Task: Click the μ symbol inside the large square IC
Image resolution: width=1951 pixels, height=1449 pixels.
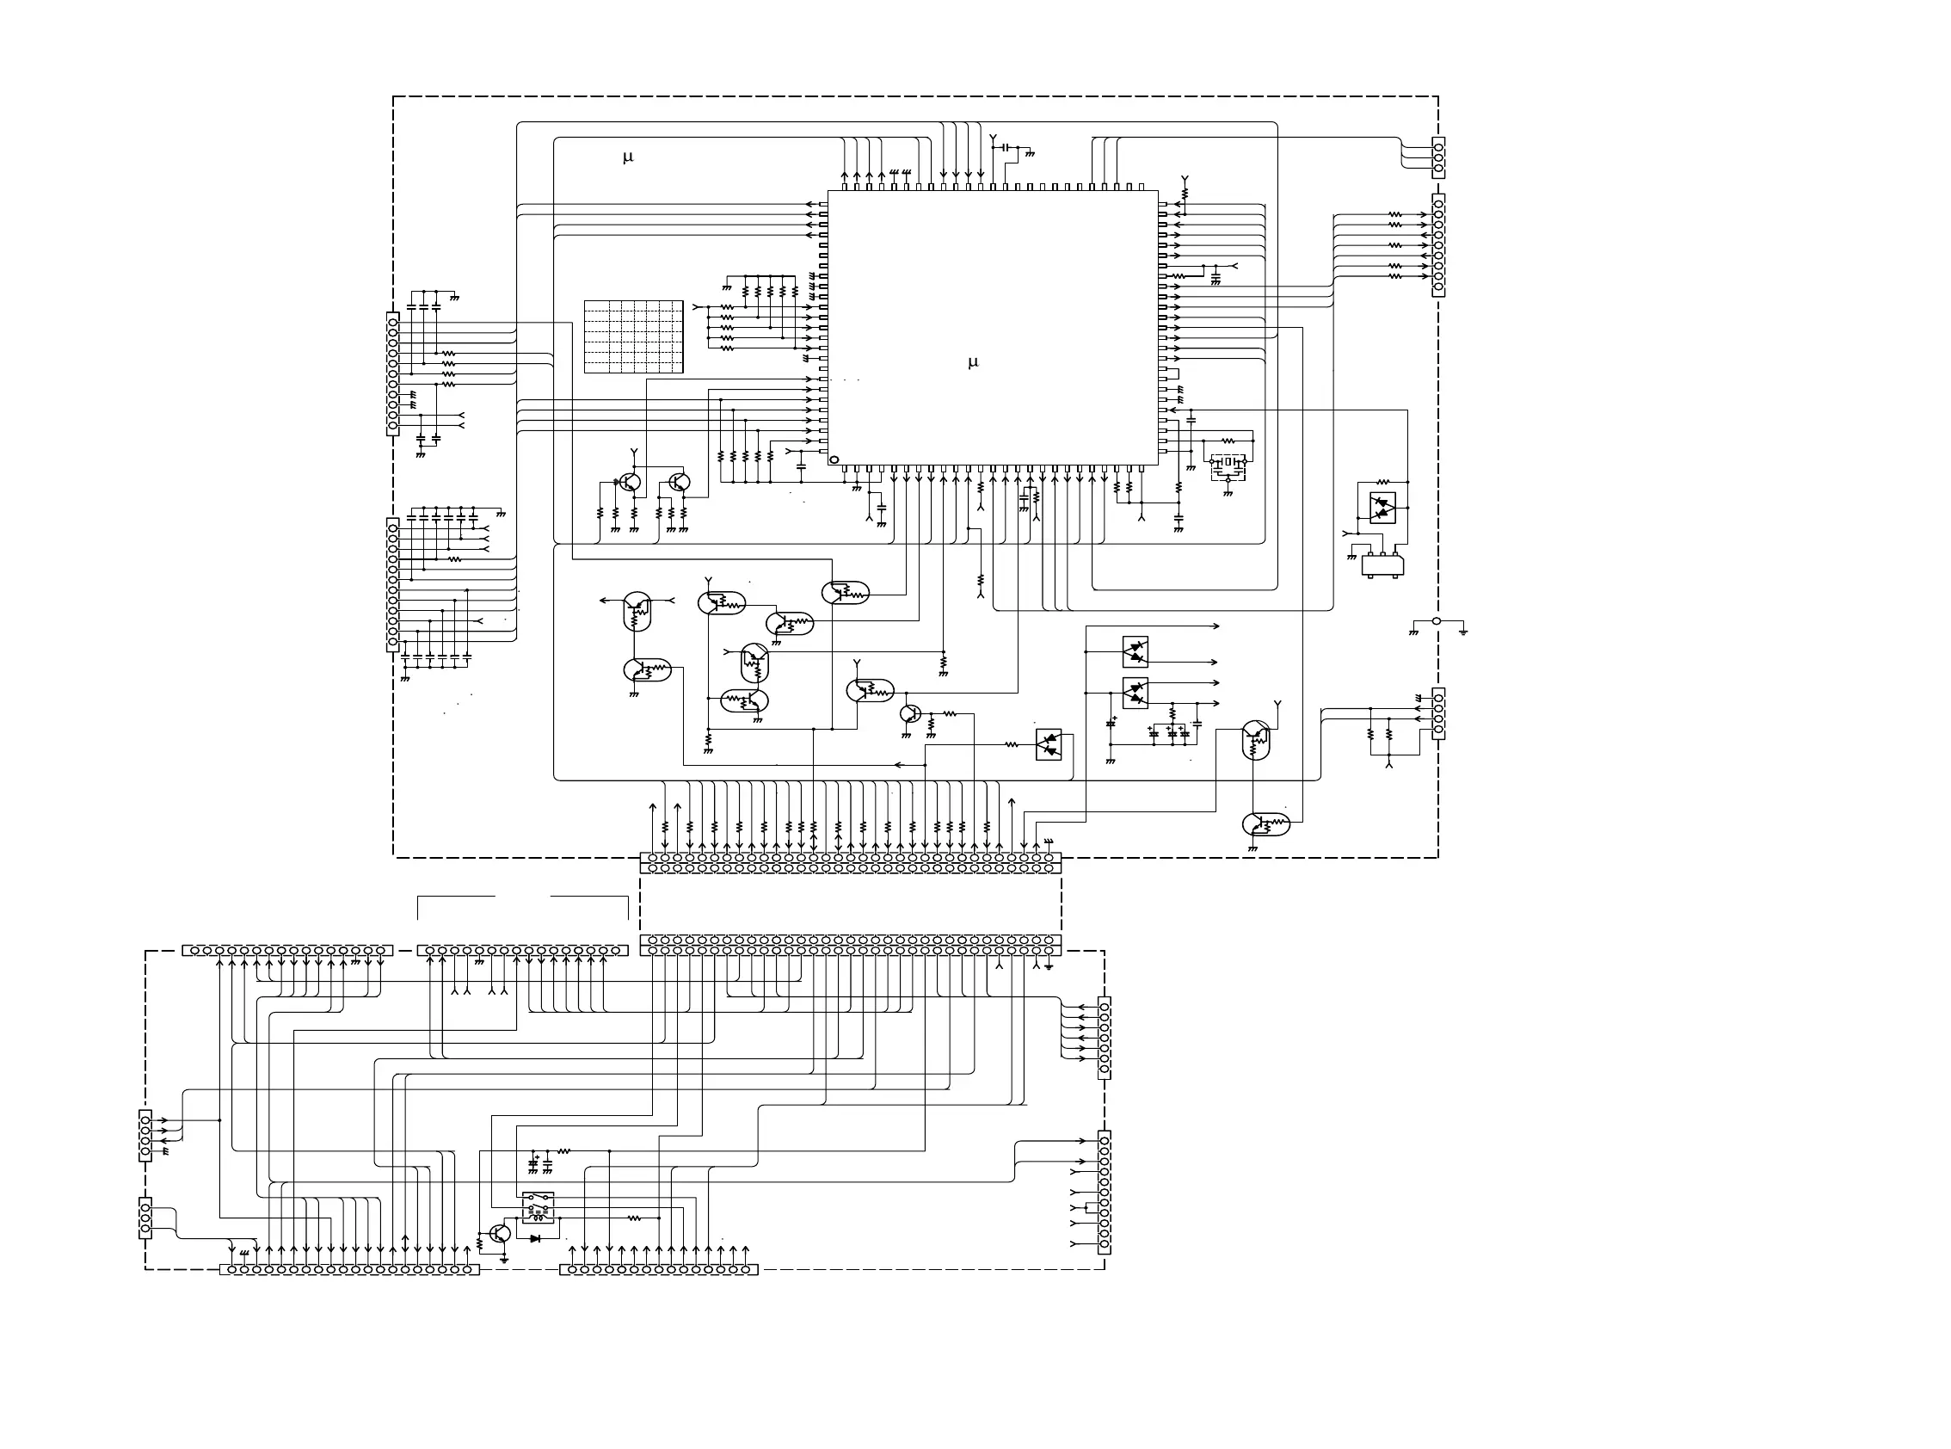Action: tap(972, 362)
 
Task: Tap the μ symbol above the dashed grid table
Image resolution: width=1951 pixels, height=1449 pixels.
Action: tap(628, 157)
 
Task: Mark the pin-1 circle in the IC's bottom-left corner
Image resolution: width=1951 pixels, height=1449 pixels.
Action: tap(834, 459)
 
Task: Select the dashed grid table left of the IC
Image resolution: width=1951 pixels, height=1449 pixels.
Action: tap(633, 336)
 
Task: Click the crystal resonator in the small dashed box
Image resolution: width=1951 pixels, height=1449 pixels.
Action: tap(1228, 462)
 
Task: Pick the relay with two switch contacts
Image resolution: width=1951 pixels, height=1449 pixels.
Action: tap(539, 1207)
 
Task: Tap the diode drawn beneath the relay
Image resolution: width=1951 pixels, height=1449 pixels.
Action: tap(535, 1238)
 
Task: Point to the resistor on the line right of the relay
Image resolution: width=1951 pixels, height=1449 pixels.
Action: tap(635, 1218)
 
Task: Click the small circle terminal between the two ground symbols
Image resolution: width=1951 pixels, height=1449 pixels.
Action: tap(1437, 621)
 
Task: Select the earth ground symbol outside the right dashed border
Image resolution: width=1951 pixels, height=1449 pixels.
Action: tap(1463, 631)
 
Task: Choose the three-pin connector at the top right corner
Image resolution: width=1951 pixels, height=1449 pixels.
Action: tap(1438, 157)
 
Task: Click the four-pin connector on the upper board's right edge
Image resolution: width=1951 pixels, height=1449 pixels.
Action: tap(1438, 714)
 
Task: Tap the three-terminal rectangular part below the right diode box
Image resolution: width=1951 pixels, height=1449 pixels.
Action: tap(1382, 564)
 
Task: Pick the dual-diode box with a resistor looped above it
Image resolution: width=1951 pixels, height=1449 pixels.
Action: tap(1382, 507)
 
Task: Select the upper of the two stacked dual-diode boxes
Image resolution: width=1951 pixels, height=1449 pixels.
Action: tap(1136, 651)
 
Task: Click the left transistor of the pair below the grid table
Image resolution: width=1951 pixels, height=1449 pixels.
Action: tap(630, 483)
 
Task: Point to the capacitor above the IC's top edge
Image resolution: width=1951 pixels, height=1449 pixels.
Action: tap(1006, 146)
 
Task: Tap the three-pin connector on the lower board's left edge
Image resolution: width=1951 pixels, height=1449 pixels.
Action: tap(145, 1218)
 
